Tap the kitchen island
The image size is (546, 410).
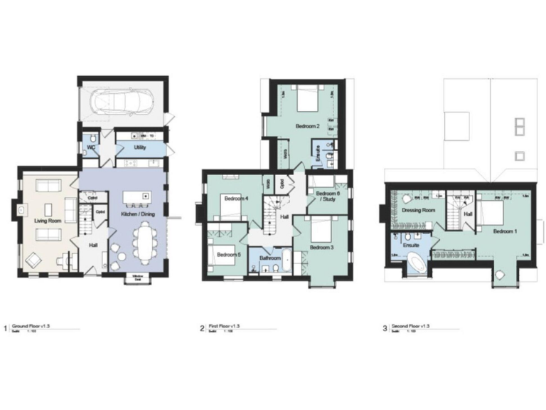[138, 196]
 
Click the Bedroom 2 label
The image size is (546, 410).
[307, 126]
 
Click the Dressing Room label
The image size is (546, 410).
[418, 211]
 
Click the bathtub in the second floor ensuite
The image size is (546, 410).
[416, 267]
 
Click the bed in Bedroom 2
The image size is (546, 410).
[308, 98]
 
